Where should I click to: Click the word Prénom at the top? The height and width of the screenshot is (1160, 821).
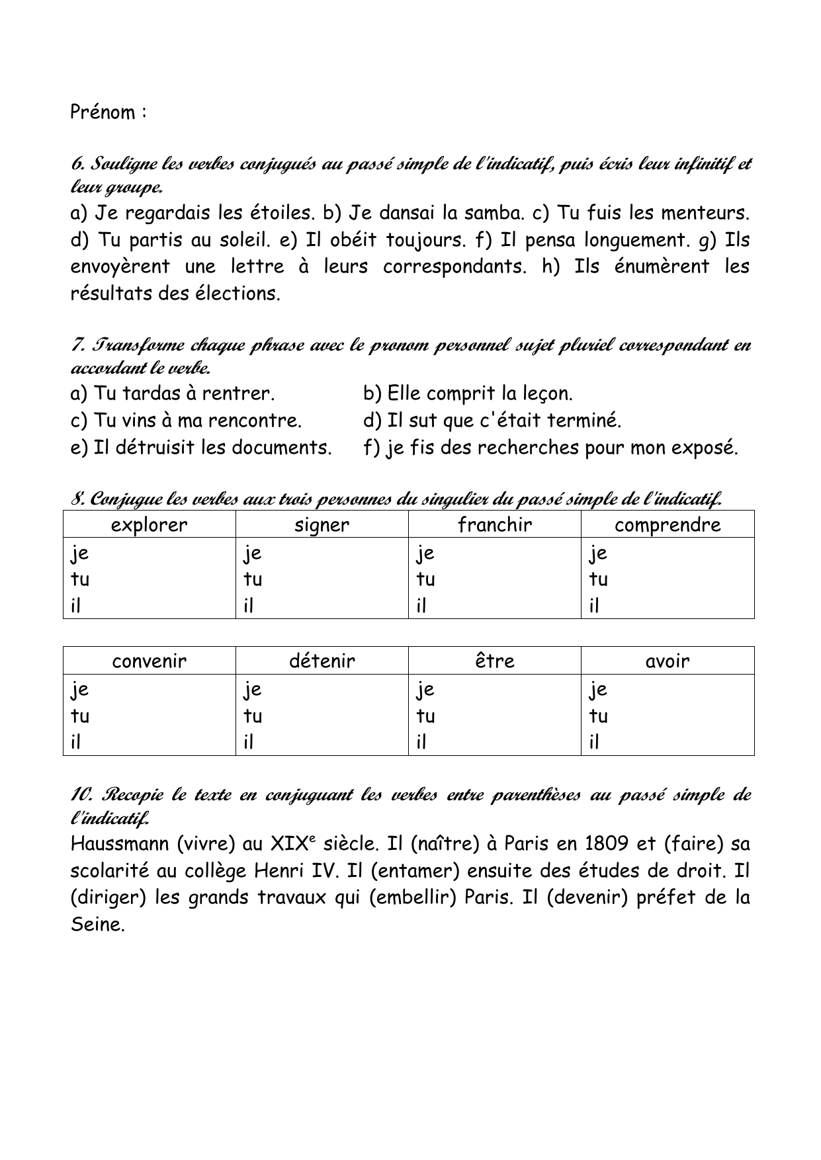103,112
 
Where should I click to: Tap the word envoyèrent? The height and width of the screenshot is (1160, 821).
120,267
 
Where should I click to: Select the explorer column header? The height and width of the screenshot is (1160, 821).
150,524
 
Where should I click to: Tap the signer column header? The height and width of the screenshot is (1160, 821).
322,524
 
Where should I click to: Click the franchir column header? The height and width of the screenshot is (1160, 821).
494,524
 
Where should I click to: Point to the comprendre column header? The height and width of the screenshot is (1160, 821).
668,524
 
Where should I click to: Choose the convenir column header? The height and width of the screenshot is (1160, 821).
150,661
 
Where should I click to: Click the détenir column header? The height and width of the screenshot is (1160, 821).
322,661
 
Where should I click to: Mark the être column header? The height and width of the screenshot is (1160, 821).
494,661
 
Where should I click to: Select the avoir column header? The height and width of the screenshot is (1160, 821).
668,661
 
